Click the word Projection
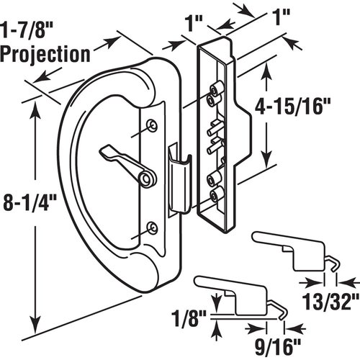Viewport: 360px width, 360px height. pyautogui.click(x=45, y=53)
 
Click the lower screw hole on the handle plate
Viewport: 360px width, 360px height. pyautogui.click(x=151, y=228)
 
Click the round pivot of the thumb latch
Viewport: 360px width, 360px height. pyautogui.click(x=148, y=178)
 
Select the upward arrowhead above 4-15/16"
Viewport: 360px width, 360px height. pyautogui.click(x=269, y=67)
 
